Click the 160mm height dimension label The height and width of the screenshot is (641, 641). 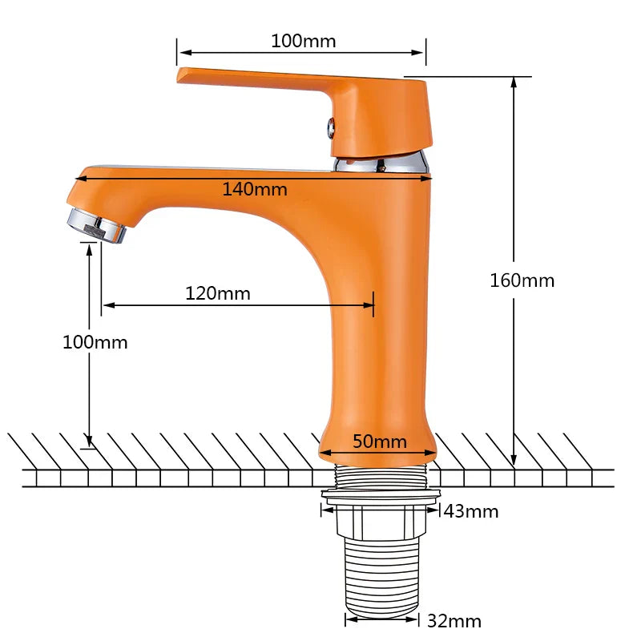pos(522,280)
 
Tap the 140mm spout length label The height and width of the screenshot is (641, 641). pos(255,189)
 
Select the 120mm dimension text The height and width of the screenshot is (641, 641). pos(218,293)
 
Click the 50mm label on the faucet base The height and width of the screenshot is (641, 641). pos(380,441)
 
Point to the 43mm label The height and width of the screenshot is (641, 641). pos(471,511)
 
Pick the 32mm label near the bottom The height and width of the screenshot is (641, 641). pos(454,621)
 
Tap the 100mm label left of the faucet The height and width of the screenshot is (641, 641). pos(95,342)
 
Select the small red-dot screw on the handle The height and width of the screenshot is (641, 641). pos(328,124)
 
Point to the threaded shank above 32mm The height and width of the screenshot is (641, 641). pos(381,573)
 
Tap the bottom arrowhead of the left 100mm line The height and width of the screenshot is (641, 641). pos(91,442)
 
